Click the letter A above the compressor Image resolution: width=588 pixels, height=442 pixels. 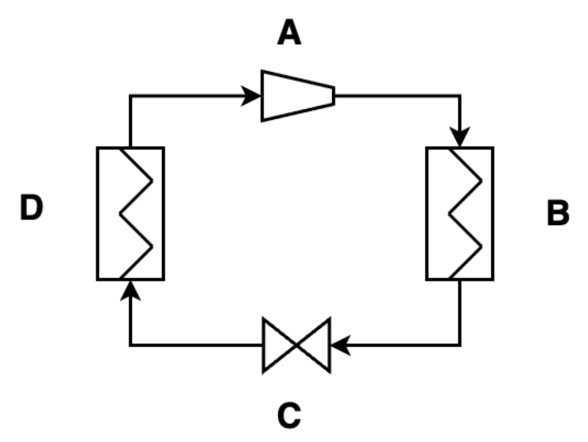(289, 33)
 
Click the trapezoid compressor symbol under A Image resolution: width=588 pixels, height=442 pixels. (297, 95)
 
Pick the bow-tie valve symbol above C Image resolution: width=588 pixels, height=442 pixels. (296, 345)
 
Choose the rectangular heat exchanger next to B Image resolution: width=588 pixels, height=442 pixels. (460, 213)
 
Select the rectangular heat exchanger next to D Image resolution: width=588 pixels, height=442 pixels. (130, 213)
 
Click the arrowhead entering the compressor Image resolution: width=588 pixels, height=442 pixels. (253, 95)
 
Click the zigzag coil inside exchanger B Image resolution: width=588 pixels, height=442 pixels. (466, 213)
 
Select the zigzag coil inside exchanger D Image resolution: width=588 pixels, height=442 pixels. (137, 213)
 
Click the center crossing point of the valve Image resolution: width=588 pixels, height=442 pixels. (296, 345)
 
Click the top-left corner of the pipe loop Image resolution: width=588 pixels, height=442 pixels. (131, 96)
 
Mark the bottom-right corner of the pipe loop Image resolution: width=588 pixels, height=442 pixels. (460, 345)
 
